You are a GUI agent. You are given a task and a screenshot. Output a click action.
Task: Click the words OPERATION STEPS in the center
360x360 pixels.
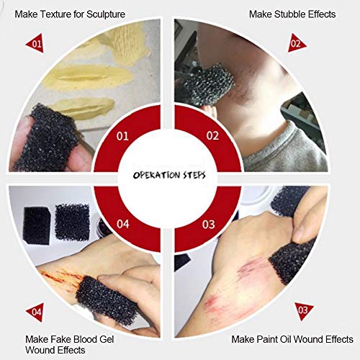click(179, 175)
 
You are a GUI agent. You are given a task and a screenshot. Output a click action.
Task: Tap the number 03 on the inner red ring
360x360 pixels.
click(209, 225)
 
